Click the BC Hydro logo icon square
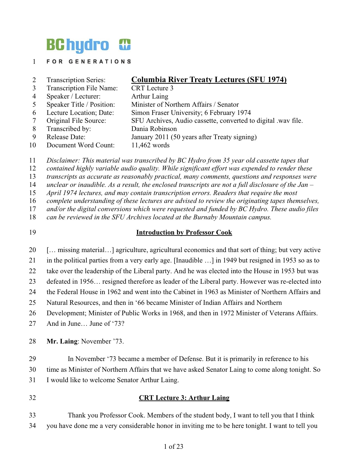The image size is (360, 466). (x=125, y=45)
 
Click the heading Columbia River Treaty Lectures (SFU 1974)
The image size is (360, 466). (x=209, y=80)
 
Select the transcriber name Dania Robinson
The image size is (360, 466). (x=154, y=129)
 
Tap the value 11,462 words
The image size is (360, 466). (x=150, y=145)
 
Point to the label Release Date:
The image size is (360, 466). (x=66, y=137)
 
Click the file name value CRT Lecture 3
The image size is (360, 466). (x=152, y=88)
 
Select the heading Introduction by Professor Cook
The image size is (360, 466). (x=184, y=233)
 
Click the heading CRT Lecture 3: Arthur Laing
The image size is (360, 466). (x=184, y=398)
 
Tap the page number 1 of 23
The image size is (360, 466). (x=173, y=447)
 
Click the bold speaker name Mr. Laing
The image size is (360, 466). (x=62, y=342)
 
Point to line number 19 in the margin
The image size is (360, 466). (x=32, y=233)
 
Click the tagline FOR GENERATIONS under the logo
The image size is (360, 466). (x=88, y=62)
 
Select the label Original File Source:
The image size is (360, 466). (x=76, y=121)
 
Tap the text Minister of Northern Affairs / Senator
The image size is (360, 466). (x=185, y=105)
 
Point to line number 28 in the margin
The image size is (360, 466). (x=32, y=342)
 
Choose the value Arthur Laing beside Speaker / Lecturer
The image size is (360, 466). (x=150, y=97)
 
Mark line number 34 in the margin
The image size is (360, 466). (x=32, y=426)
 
